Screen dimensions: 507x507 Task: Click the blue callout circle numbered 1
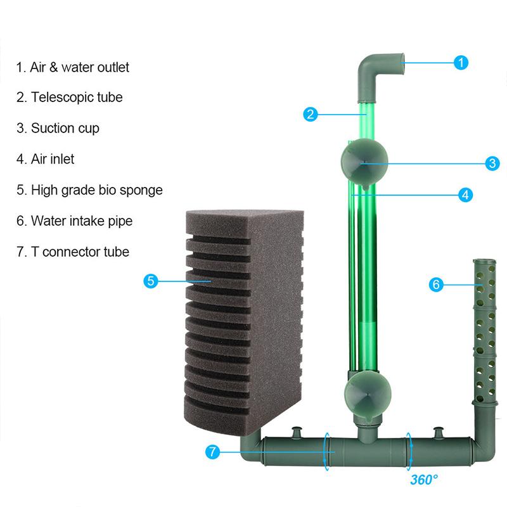coord(461,62)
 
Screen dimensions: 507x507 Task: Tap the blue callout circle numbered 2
coord(310,115)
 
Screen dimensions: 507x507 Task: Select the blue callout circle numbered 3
coord(492,163)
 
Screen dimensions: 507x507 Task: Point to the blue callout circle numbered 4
coord(465,195)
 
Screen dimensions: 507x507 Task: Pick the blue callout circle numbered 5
coord(150,281)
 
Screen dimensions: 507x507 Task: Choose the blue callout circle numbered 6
coord(435,285)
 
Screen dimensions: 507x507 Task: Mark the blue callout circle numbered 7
coord(214,452)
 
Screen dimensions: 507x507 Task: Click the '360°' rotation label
coord(423,479)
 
